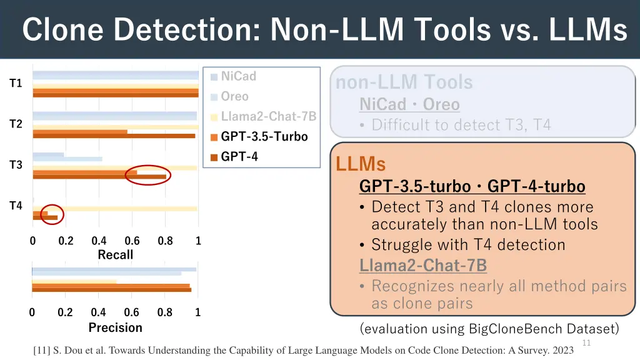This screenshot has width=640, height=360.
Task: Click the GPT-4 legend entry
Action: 239,157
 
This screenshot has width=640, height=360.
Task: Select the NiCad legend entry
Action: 238,76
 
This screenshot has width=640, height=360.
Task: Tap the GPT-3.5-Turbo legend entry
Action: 264,136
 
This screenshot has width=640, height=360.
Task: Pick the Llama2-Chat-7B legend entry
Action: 268,116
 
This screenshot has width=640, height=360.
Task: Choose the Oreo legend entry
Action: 234,96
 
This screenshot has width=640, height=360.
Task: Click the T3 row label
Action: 16,165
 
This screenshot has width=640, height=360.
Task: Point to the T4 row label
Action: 16,206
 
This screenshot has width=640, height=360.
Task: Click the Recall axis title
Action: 116,254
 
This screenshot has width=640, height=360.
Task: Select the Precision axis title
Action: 116,327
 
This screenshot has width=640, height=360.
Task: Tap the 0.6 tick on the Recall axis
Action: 132,241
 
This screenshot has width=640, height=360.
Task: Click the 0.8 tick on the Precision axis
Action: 164,312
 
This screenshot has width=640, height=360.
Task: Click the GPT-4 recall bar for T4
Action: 45,217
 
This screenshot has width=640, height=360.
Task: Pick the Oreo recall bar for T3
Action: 67,159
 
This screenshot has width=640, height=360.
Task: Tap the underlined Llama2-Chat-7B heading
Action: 423,265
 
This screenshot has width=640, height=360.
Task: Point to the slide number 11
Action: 586,342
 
